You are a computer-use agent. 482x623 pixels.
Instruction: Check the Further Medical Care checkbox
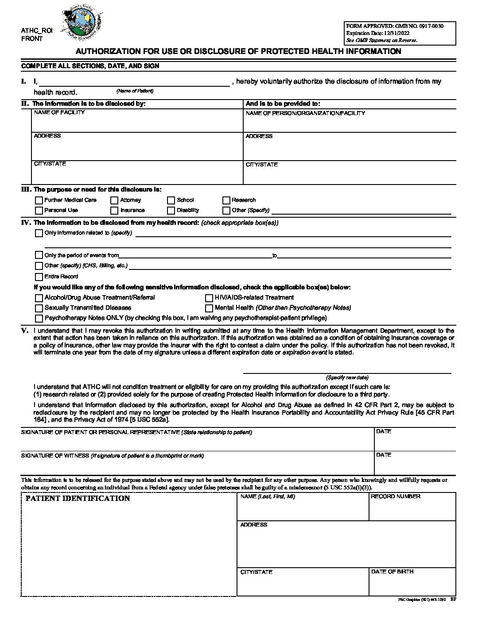tap(39, 200)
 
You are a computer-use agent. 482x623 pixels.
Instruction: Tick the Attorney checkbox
tap(114, 200)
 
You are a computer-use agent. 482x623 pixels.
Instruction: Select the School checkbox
tap(171, 200)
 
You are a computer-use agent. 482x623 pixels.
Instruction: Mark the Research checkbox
tap(226, 200)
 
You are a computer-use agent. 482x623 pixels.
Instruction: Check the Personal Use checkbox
tap(39, 211)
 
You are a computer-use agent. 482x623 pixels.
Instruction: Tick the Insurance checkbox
tap(114, 211)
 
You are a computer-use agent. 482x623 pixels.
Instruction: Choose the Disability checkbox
tap(171, 211)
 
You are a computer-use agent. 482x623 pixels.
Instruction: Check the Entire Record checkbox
tap(39, 277)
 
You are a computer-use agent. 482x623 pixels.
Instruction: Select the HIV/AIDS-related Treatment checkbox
tap(209, 298)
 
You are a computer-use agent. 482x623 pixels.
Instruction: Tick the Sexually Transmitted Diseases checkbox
tap(39, 308)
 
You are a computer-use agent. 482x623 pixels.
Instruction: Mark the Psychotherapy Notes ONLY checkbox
tap(39, 319)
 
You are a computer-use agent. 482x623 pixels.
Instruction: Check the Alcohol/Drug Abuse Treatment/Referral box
tap(39, 298)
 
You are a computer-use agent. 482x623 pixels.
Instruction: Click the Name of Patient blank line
tap(135, 82)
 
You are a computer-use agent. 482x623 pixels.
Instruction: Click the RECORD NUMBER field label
tap(396, 496)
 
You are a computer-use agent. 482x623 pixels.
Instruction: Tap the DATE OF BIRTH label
tap(392, 572)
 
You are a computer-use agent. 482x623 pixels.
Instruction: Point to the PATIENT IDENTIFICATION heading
tap(78, 499)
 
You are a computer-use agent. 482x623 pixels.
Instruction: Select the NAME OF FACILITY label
tap(59, 112)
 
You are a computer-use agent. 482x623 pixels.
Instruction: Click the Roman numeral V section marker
tap(25, 331)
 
